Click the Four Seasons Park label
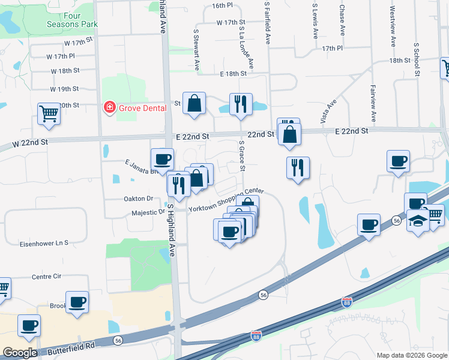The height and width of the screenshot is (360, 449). point(72,19)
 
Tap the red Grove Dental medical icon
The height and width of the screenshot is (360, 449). point(109,108)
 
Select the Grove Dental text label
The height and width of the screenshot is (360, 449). point(142,108)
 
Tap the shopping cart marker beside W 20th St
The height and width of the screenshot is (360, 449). point(49,113)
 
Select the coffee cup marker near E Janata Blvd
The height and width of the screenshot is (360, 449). point(162,159)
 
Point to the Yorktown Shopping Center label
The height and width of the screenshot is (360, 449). point(226,202)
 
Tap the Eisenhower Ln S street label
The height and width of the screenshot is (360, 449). point(44,243)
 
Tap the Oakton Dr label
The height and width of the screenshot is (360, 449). point(139,199)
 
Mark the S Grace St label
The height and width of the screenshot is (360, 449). point(241,155)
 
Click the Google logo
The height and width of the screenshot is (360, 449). point(20,353)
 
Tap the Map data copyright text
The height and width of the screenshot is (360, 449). point(411,355)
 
